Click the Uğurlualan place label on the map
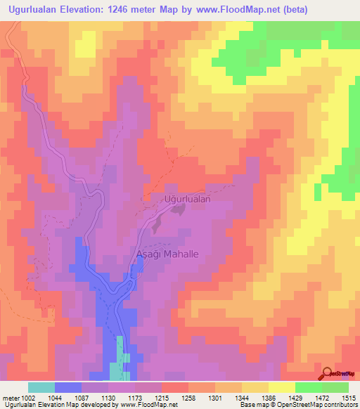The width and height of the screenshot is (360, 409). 188,199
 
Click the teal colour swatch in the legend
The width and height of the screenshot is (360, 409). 41,388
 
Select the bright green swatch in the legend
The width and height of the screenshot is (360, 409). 309,388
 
